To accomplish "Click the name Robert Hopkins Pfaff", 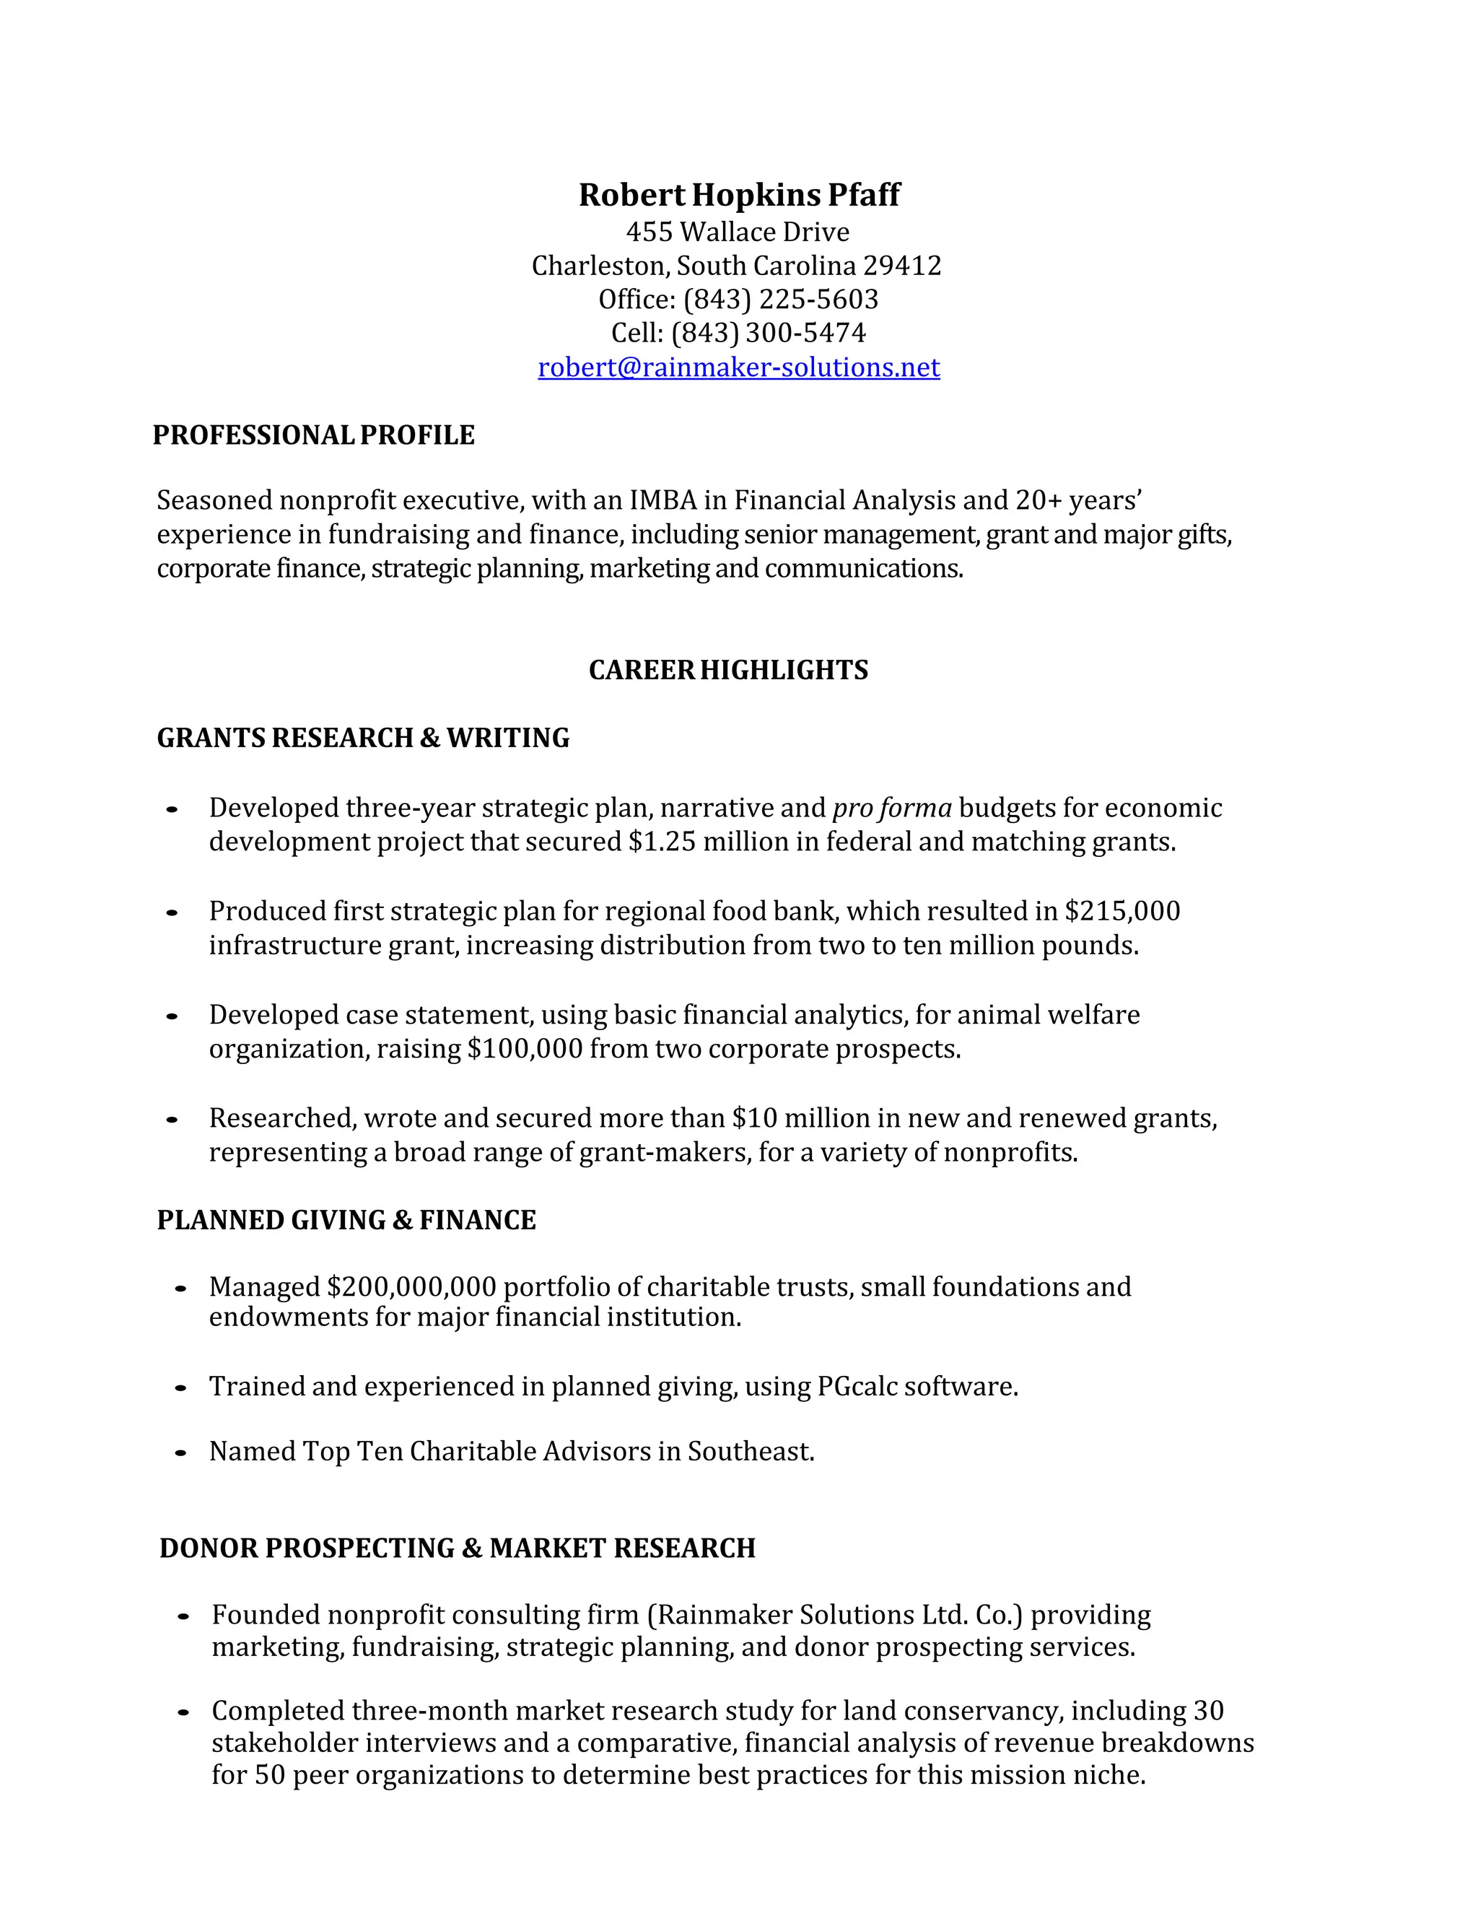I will pyautogui.click(x=738, y=194).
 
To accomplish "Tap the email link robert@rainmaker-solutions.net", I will pyautogui.click(x=738, y=367).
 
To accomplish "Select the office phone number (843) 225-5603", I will pyautogui.click(x=780, y=300).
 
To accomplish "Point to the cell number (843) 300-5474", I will pyautogui.click(x=768, y=333).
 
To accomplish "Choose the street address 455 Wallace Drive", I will pyautogui.click(x=738, y=232).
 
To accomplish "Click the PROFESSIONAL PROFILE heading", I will pyautogui.click(x=313, y=435).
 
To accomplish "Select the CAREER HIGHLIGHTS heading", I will pyautogui.click(x=727, y=670).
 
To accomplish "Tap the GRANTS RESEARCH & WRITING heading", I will pyautogui.click(x=362, y=738).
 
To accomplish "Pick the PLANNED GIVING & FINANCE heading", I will pyautogui.click(x=346, y=1220).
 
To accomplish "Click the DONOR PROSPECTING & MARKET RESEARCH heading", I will pyautogui.click(x=457, y=1548).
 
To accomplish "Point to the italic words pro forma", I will pyautogui.click(x=891, y=808).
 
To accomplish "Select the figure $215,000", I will pyautogui.click(x=1121, y=911).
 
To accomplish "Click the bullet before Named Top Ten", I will pyautogui.click(x=180, y=1453).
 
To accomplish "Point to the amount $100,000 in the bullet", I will pyautogui.click(x=525, y=1048).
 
